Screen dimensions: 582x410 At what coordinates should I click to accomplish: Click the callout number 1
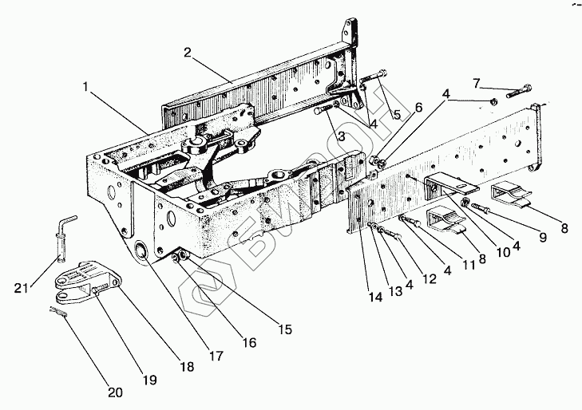(85, 87)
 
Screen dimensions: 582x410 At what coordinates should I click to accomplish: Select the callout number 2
(188, 53)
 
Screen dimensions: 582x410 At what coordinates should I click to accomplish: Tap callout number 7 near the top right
(477, 84)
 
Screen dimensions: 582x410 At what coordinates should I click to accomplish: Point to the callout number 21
(22, 288)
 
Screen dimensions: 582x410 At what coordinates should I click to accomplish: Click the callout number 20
(115, 392)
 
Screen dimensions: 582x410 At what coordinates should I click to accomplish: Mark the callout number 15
(285, 329)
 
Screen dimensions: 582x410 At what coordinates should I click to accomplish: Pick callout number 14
(375, 297)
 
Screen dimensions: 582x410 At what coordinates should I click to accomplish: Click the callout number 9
(543, 237)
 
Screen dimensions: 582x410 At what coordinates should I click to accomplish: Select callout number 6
(418, 108)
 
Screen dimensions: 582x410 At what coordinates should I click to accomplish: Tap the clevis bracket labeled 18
(88, 281)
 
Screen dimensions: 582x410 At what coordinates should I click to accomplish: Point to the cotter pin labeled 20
(58, 312)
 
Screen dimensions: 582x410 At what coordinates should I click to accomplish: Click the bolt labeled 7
(519, 92)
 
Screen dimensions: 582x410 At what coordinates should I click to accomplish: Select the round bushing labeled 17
(141, 250)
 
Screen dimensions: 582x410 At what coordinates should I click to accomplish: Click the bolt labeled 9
(481, 207)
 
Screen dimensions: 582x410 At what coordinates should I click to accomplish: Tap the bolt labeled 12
(389, 233)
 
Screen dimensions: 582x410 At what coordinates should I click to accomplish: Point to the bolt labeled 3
(327, 108)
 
